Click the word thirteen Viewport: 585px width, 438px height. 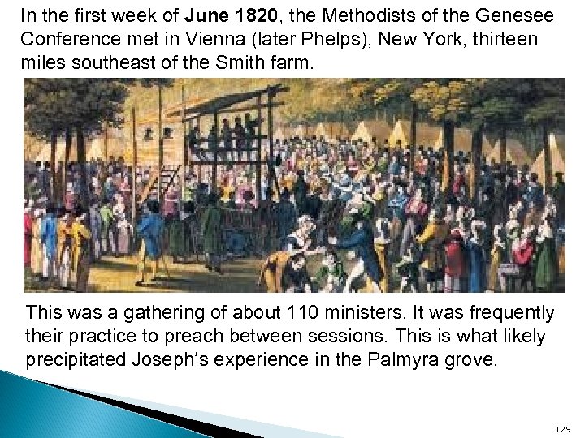[503, 39]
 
